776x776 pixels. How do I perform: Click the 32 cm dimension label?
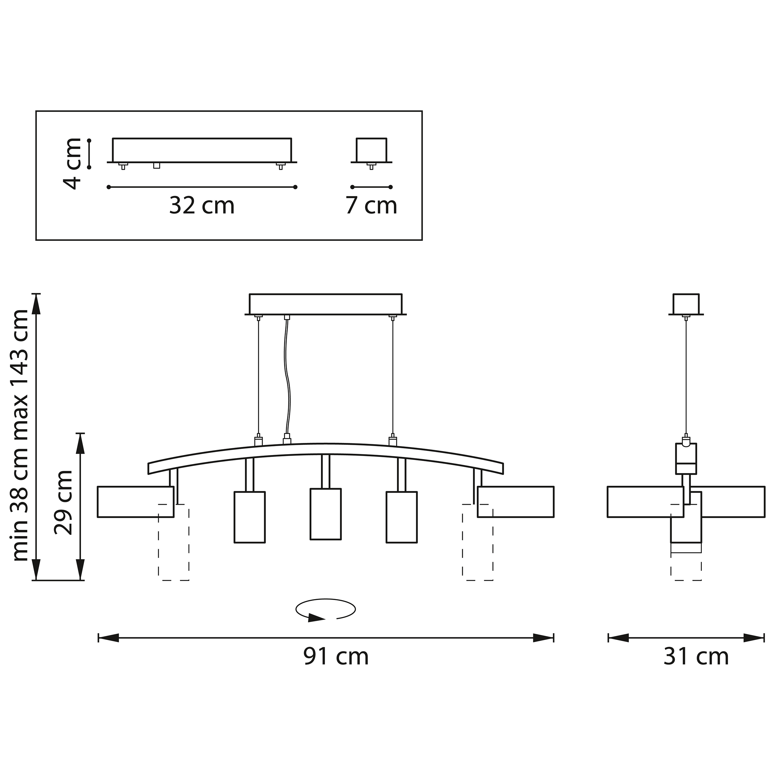point(202,206)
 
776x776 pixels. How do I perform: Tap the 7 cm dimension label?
point(371,206)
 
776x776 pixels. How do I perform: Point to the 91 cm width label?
point(336,657)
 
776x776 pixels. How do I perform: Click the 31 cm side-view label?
point(696,657)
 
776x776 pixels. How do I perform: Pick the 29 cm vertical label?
point(63,503)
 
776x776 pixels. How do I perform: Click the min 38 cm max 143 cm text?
point(21,436)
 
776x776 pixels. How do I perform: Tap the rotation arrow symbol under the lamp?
point(325,611)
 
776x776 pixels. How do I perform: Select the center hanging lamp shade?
point(326,514)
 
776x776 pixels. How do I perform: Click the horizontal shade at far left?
point(135,502)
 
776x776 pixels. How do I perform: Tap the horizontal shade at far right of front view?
point(516,502)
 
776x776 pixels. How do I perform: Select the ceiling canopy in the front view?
point(325,304)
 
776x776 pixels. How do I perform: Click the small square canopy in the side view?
point(686,304)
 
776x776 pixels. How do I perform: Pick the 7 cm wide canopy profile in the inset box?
point(372,150)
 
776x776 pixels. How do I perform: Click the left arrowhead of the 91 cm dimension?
point(108,638)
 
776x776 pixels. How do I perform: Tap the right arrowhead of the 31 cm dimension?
point(754,638)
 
